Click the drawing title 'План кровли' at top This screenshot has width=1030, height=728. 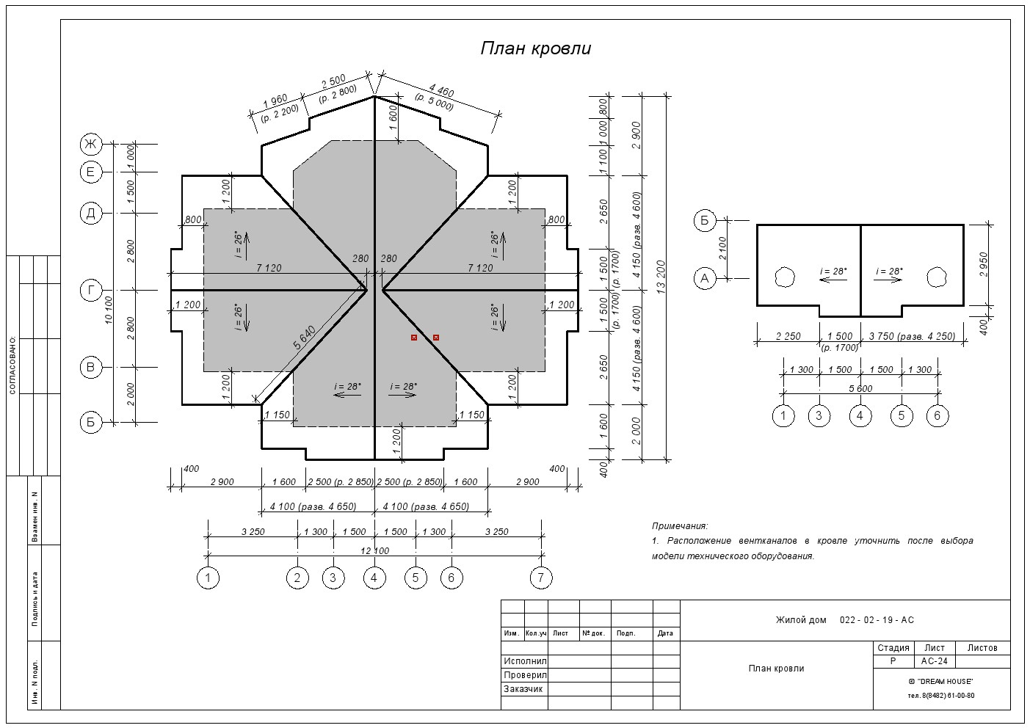tap(536, 48)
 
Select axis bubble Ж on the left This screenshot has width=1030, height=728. tap(91, 145)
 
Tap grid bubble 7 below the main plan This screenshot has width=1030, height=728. tap(541, 578)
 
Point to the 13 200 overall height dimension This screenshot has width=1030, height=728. tap(661, 277)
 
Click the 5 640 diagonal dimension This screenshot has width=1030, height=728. tap(305, 338)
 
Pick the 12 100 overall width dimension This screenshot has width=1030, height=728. tap(374, 550)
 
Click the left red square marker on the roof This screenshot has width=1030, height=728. tap(414, 338)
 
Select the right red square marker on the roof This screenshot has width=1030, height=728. tap(436, 338)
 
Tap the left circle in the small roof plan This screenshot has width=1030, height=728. tap(785, 277)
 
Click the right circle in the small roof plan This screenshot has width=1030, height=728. tap(936, 277)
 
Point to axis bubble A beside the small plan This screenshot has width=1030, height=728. tap(705, 278)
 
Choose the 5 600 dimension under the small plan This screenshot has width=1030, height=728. tap(860, 388)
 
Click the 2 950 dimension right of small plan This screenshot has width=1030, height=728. tap(984, 264)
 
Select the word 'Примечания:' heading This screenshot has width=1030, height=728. tap(680, 525)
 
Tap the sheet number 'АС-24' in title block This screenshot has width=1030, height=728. tap(935, 661)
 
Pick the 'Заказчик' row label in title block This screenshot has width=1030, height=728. tap(523, 689)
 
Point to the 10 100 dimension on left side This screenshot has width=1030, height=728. tap(109, 310)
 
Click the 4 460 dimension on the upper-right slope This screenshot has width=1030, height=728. tap(441, 90)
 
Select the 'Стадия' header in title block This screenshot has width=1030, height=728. tap(893, 648)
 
